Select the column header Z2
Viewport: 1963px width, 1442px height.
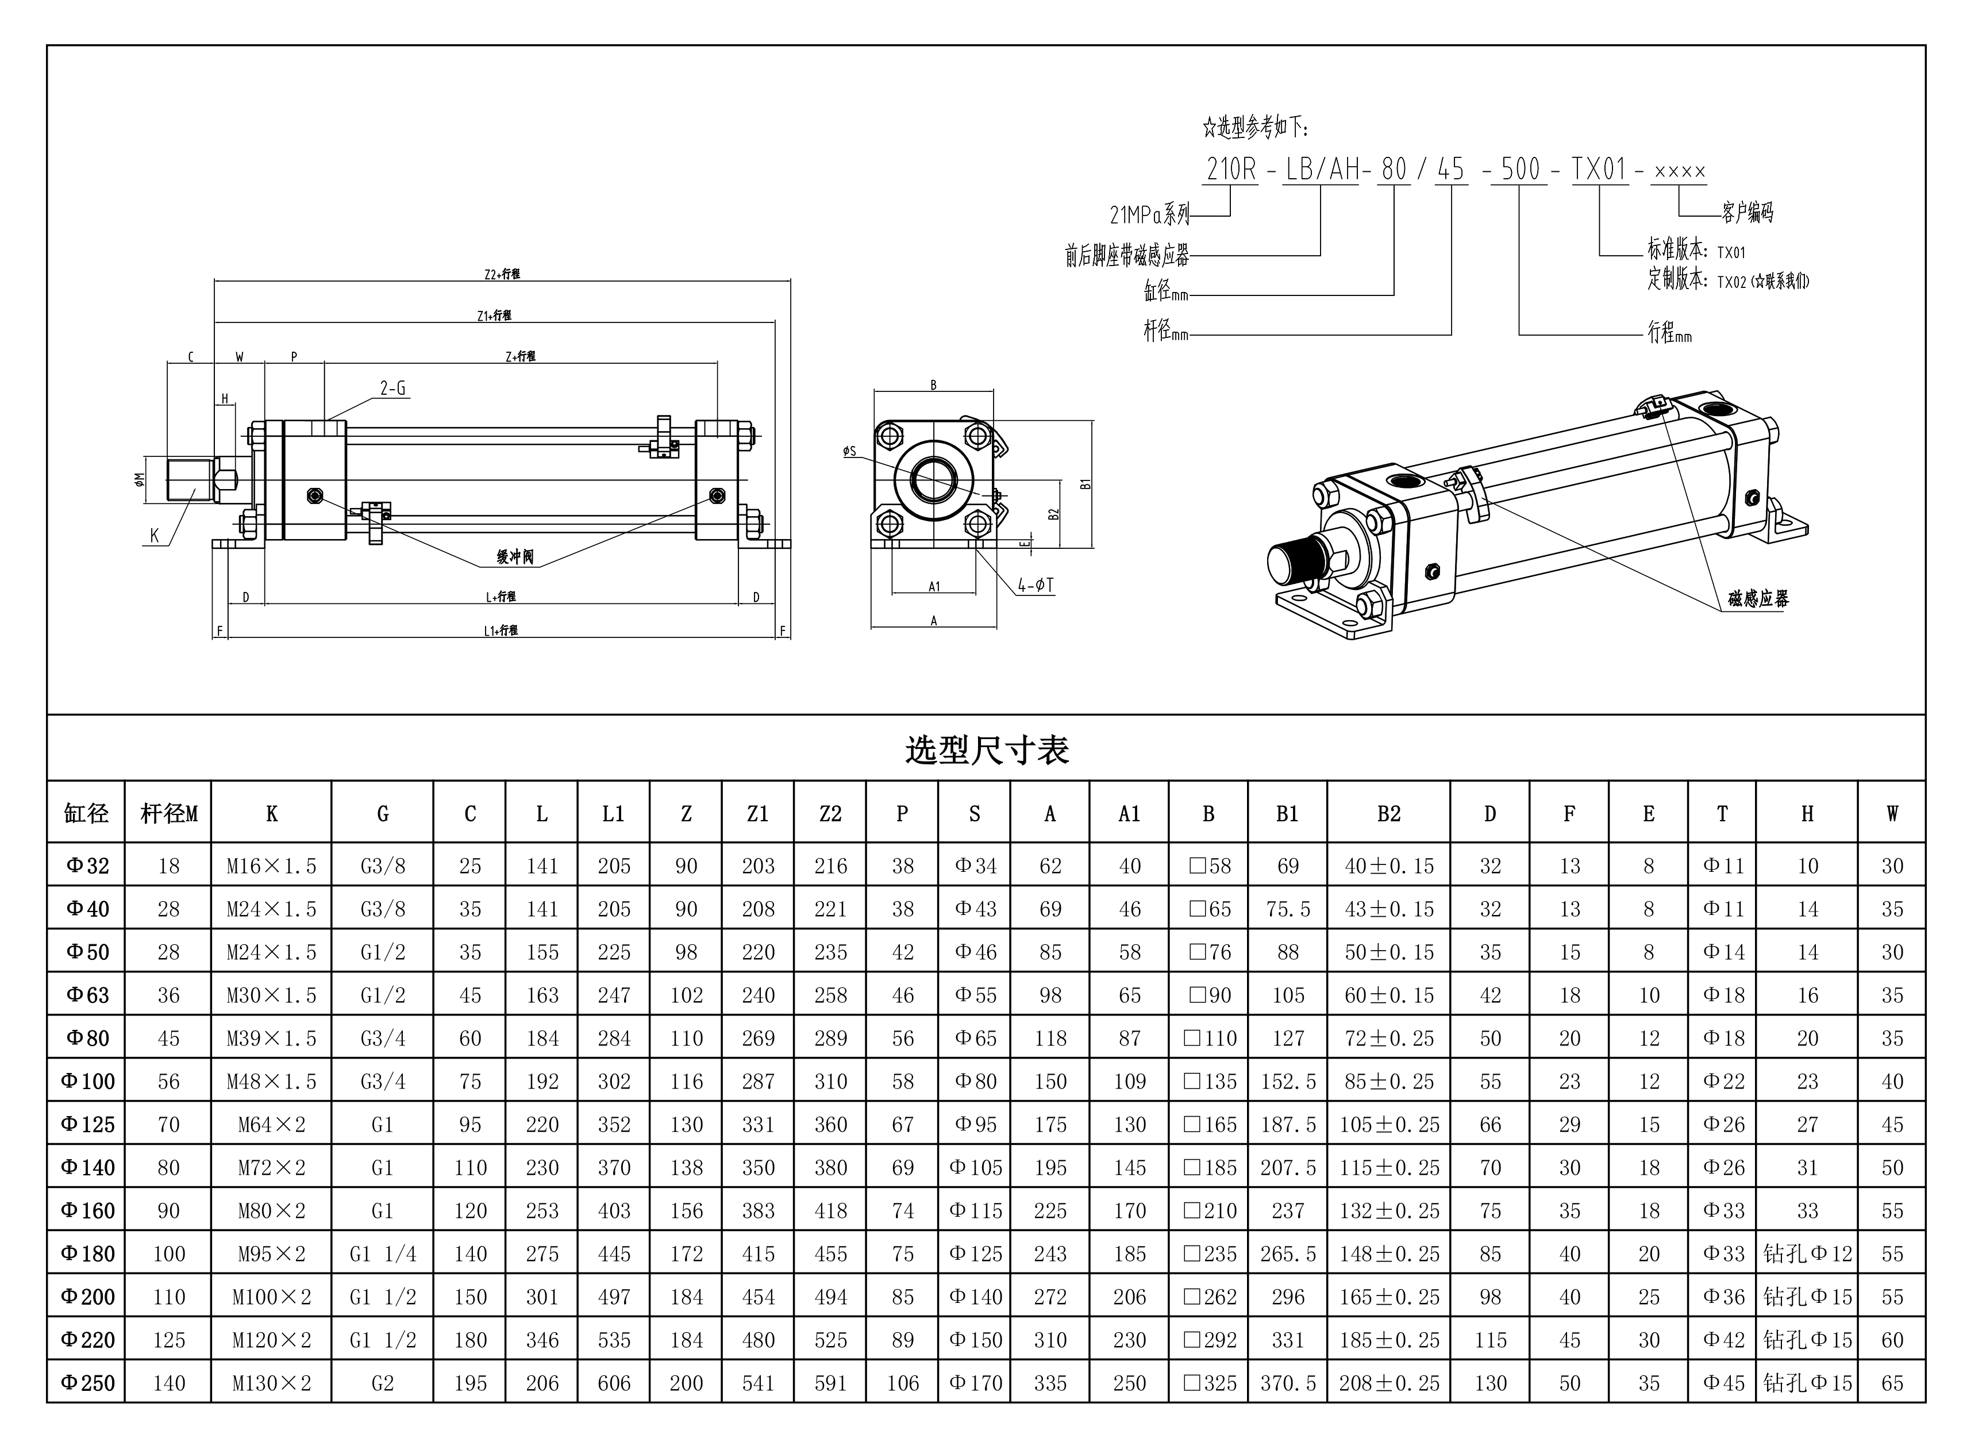click(829, 813)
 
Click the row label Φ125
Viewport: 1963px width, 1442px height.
click(87, 1124)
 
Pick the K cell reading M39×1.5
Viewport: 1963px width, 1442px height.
click(271, 1038)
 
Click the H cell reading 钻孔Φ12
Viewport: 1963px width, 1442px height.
click(1806, 1253)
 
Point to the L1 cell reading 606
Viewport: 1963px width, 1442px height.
click(614, 1383)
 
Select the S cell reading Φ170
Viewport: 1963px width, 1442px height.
click(975, 1383)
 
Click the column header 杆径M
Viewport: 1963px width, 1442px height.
click(168, 813)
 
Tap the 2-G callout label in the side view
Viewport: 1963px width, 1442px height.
click(393, 389)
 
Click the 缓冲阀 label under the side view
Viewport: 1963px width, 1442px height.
click(515, 557)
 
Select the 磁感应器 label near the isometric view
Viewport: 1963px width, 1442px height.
click(1758, 599)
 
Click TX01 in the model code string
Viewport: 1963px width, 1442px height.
click(1599, 170)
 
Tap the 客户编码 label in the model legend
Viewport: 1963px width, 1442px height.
click(1748, 212)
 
